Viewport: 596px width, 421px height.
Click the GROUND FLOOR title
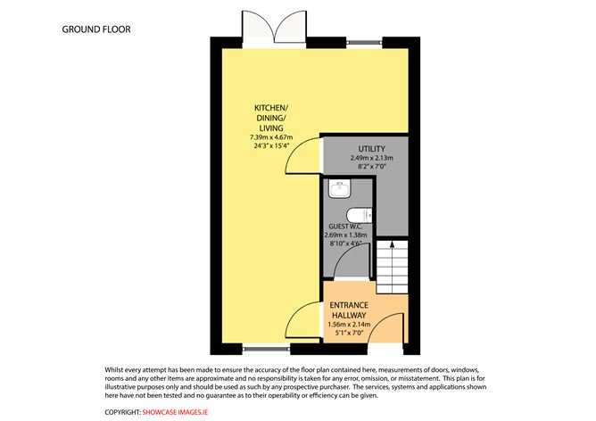point(96,29)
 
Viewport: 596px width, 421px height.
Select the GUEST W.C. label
point(346,227)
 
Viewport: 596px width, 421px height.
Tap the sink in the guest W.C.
point(337,187)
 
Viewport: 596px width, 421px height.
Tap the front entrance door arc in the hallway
point(390,327)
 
